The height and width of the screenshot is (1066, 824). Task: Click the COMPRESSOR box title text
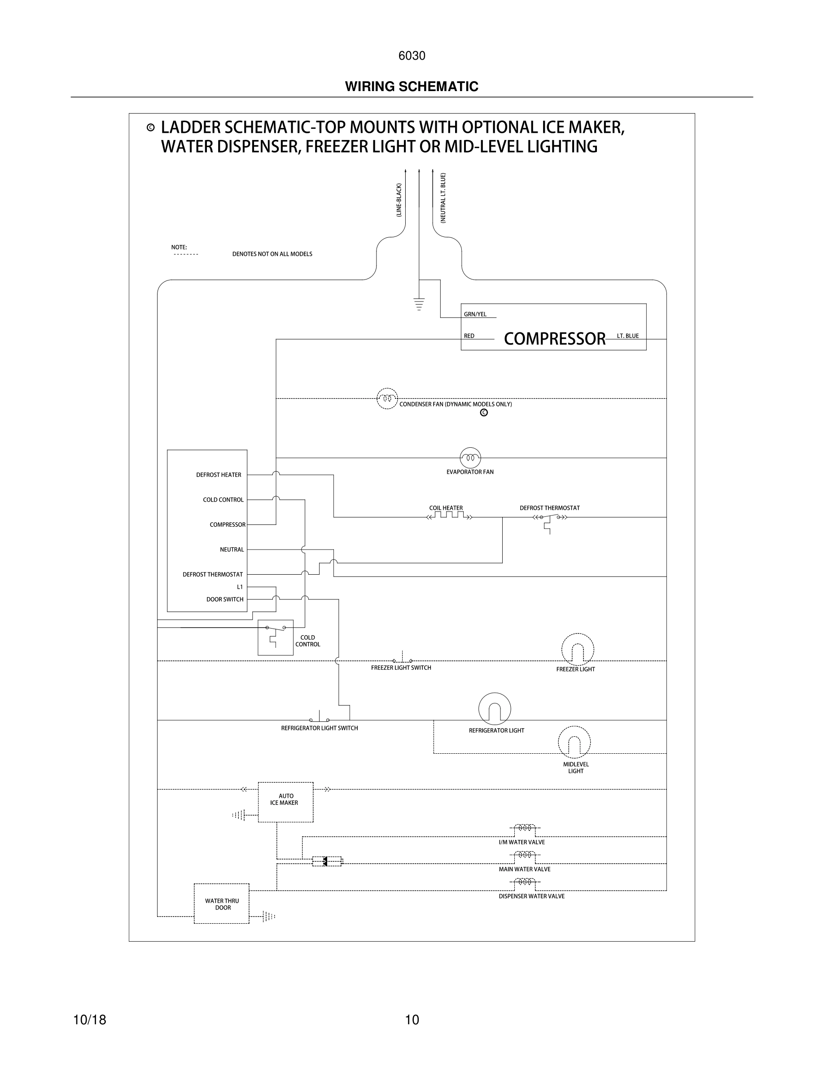tap(554, 338)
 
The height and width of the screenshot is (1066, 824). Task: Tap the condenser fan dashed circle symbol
tap(387, 399)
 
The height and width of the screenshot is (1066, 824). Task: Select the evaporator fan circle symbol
tap(470, 458)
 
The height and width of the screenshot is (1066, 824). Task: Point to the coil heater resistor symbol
tap(449, 516)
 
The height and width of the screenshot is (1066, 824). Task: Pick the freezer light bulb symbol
tap(578, 650)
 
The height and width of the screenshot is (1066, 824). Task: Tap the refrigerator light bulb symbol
tap(495, 709)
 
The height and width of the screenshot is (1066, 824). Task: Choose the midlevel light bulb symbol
tap(574, 742)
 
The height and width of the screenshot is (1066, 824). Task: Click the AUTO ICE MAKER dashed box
tap(285, 802)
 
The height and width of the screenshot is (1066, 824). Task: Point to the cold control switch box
tap(275, 638)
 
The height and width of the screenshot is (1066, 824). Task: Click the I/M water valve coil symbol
tap(525, 828)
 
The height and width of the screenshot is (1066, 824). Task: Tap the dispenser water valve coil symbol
tap(525, 882)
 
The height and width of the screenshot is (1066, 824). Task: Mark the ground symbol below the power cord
tap(419, 304)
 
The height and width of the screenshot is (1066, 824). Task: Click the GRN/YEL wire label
tap(475, 315)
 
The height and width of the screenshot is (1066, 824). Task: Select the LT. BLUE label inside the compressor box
tap(627, 336)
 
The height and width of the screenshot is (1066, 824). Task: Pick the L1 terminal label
tap(240, 587)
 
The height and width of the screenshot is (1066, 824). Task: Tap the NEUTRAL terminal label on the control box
tap(232, 550)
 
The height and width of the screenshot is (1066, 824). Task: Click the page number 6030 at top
tap(412, 56)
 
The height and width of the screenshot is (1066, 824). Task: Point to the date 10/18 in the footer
tap(90, 1020)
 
